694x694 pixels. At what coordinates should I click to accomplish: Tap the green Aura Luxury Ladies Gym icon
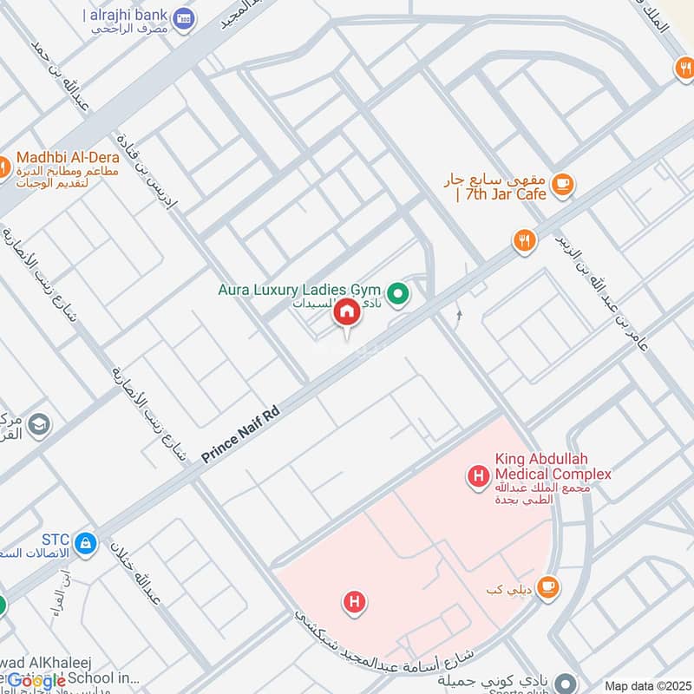click(398, 295)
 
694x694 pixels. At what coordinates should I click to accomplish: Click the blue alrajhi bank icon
click(183, 18)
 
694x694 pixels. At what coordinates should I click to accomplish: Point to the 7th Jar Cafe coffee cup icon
click(563, 183)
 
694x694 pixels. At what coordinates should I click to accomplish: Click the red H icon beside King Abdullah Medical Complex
click(476, 475)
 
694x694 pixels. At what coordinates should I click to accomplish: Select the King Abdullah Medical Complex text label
click(553, 467)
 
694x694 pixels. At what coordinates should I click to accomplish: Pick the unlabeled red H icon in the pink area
click(353, 601)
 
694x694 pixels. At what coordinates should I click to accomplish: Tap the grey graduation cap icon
click(38, 424)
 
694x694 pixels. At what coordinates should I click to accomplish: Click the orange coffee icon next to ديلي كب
click(547, 588)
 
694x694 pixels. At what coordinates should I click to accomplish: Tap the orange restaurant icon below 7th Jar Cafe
click(523, 241)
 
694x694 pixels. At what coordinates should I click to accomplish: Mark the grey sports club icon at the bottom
click(566, 683)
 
